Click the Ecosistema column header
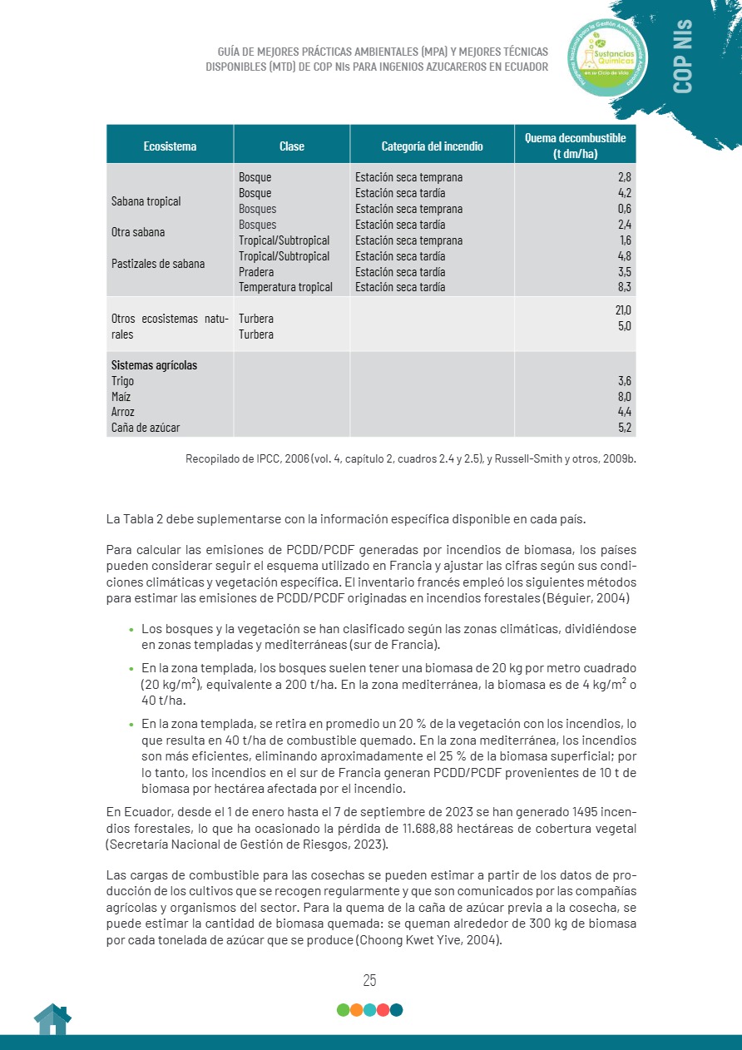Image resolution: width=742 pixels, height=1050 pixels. (170, 146)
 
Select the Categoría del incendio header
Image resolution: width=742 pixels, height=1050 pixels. (432, 146)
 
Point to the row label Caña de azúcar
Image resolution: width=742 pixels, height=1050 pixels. (146, 428)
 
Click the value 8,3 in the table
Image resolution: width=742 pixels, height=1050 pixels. (624, 287)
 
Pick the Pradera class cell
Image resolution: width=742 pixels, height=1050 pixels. (255, 272)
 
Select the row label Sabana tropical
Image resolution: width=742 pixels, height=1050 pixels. (146, 201)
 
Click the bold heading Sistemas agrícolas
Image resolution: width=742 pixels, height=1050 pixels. (155, 365)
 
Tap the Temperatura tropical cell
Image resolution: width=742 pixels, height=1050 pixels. (285, 287)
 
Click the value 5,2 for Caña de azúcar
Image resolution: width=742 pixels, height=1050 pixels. (625, 428)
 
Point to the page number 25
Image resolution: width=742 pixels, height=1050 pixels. (370, 980)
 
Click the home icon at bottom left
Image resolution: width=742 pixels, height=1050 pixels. (52, 1019)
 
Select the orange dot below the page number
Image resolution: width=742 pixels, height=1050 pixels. (356, 1010)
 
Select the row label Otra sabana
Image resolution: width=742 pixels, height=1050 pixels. (138, 232)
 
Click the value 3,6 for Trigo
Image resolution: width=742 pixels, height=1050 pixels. (625, 381)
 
